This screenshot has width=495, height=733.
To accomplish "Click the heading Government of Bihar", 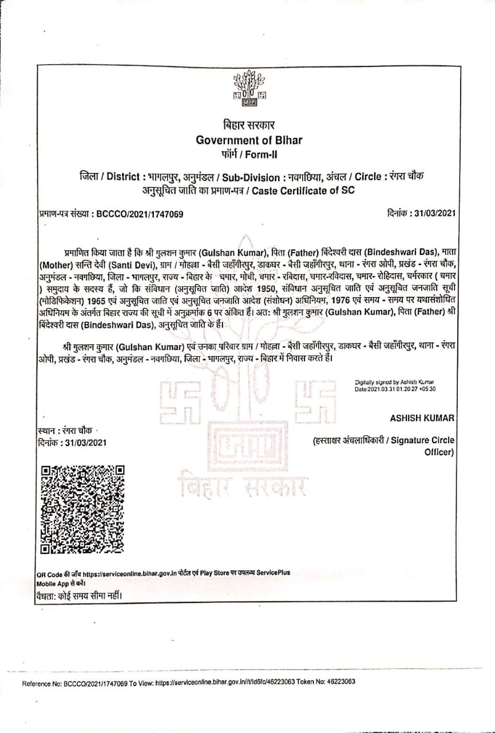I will pos(248,140).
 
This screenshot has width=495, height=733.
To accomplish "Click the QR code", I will pos(83,509).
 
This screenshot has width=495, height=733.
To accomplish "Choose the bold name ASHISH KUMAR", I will pos(422,418).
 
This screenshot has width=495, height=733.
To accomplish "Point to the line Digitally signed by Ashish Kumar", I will pos(394,382).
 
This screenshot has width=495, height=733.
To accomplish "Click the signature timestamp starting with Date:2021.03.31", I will pos(395,389).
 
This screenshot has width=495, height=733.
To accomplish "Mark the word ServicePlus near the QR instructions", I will pos(272,573).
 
